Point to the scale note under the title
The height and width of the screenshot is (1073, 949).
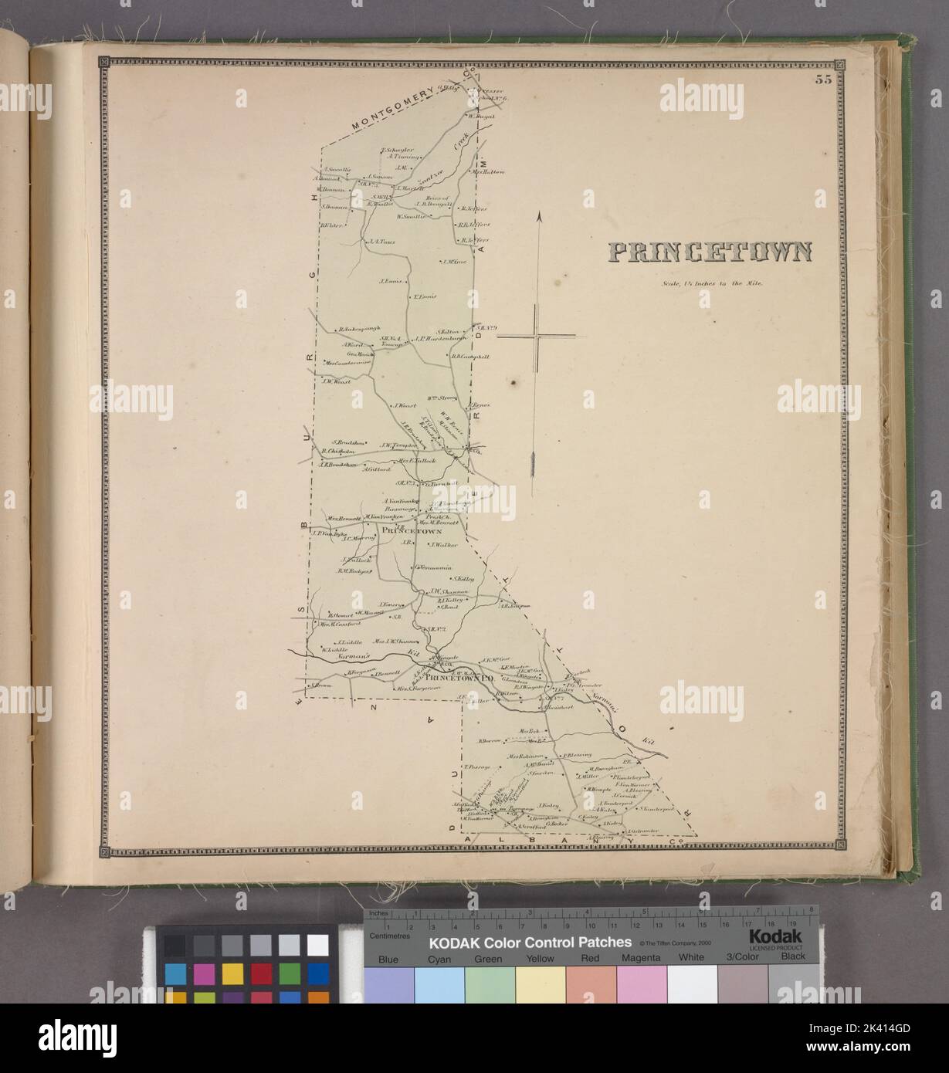point(711,283)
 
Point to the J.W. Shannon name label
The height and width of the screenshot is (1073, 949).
point(432,592)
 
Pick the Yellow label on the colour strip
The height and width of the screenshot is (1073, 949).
point(541,958)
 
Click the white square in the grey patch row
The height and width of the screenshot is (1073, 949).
point(317,944)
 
